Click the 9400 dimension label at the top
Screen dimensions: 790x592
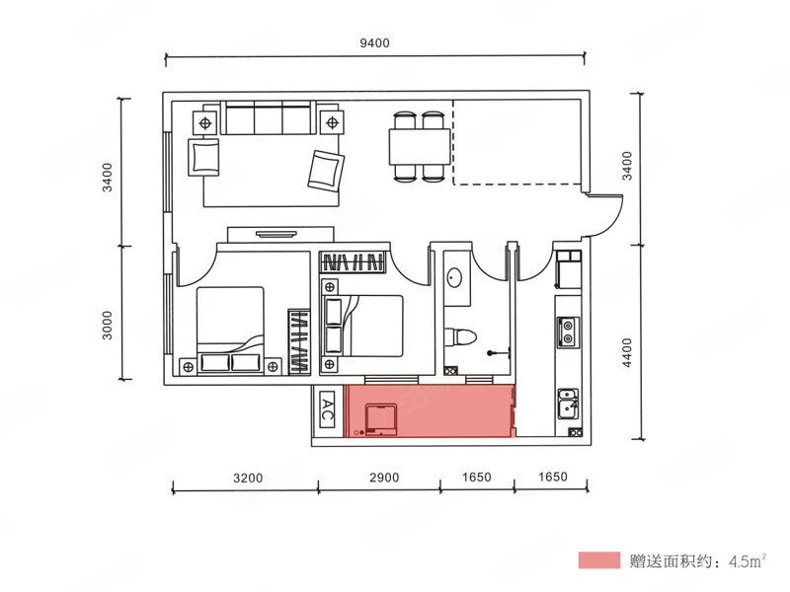(374, 42)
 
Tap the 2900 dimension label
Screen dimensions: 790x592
(384, 478)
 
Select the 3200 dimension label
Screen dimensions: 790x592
(248, 478)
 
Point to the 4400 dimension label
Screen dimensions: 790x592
(626, 352)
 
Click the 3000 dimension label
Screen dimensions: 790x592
(108, 326)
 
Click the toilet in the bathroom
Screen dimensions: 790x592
(460, 337)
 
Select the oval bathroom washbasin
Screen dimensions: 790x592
(455, 278)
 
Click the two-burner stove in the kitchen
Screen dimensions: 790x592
(568, 332)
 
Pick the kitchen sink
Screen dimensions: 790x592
(569, 404)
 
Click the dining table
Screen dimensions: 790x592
(419, 146)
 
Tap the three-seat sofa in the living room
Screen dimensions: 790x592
(268, 117)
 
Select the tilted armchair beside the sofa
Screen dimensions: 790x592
(326, 171)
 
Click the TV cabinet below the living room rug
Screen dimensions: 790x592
(280, 235)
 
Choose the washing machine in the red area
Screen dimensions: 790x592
(381, 419)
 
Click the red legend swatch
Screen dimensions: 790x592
(599, 559)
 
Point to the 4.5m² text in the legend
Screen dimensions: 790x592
(748, 560)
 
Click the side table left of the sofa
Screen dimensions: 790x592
(205, 122)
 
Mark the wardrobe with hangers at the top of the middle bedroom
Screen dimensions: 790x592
(355, 262)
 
